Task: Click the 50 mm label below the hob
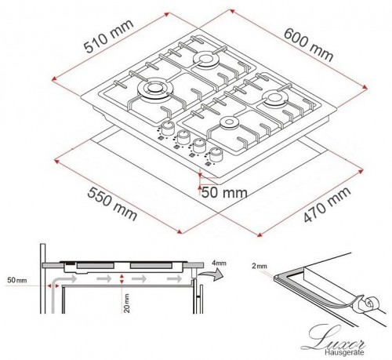[x=223, y=192]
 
